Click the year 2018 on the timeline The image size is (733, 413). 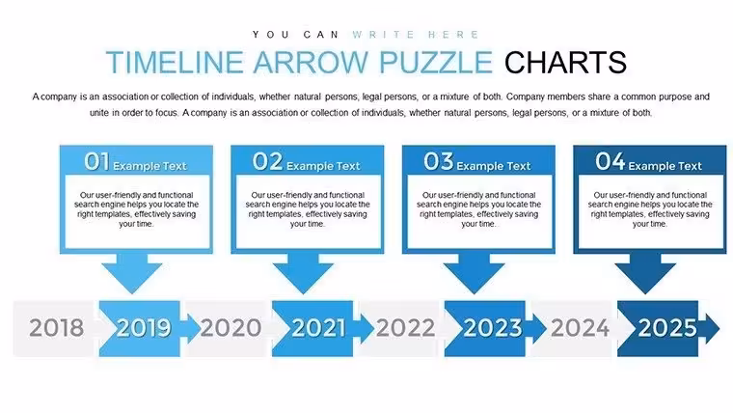[56, 327]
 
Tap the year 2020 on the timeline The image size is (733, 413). [231, 327]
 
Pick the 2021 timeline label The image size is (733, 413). [318, 327]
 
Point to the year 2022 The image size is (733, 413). [405, 327]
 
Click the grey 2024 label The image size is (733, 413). [581, 327]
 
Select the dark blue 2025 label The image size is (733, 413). [667, 327]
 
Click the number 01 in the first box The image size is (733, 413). [96, 161]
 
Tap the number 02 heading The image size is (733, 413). [268, 161]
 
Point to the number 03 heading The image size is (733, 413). [439, 161]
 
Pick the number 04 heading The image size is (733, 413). [611, 161]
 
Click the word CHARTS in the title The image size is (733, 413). [565, 62]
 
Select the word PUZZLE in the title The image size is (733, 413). [436, 62]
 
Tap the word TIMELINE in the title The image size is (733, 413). [175, 62]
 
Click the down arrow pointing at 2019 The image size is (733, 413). [132, 274]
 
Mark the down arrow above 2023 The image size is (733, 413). [475, 274]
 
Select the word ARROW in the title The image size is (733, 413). [312, 62]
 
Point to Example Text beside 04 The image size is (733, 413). [665, 166]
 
